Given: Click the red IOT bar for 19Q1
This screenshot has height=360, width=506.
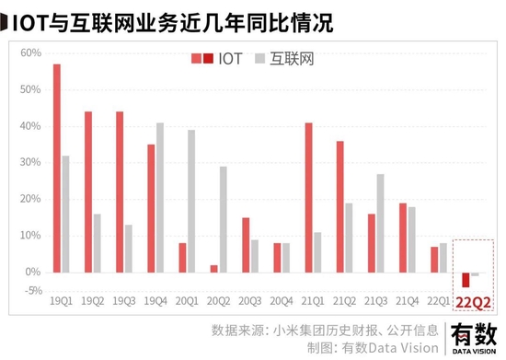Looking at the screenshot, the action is click(x=57, y=168).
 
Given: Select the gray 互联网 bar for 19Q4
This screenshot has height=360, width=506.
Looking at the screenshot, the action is click(x=160, y=198).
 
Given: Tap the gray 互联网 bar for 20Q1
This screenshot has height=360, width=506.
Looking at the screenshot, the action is click(x=191, y=201).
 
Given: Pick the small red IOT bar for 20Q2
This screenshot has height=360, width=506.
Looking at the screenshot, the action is click(x=214, y=269).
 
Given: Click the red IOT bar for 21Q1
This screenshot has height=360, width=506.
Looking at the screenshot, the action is click(x=308, y=198).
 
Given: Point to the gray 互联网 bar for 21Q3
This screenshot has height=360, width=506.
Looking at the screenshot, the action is click(x=381, y=224).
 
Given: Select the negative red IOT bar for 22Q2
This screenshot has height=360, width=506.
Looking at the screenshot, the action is click(x=466, y=280).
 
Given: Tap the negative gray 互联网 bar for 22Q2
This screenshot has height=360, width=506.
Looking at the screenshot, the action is click(x=475, y=274).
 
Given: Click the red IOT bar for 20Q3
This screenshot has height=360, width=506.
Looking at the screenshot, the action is click(x=246, y=245).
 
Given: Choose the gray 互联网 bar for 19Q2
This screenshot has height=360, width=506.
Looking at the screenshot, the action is click(x=98, y=243).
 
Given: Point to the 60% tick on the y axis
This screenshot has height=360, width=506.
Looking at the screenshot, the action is click(x=31, y=52).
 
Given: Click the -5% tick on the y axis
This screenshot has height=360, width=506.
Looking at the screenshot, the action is click(x=33, y=291).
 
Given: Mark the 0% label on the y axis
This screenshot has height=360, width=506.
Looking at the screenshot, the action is click(x=33, y=272).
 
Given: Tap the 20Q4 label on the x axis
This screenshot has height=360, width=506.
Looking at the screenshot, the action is click(x=282, y=301).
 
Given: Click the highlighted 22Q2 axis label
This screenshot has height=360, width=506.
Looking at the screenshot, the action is click(x=474, y=303).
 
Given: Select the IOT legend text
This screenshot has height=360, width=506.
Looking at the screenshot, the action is click(x=230, y=59).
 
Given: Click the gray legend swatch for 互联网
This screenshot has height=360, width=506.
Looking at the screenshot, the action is click(x=259, y=58).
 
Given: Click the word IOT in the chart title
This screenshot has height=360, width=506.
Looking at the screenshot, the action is click(x=30, y=23).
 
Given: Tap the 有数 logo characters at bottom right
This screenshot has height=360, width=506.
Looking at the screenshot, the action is click(x=474, y=335).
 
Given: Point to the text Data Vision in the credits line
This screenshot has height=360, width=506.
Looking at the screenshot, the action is click(x=403, y=348).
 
